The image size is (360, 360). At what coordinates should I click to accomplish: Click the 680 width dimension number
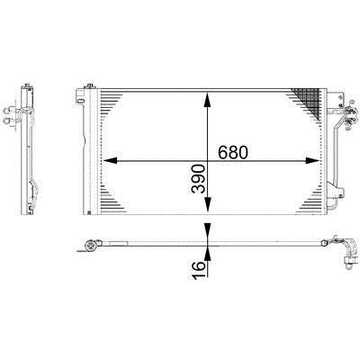(x=233, y=152)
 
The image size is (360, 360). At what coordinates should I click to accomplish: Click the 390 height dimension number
(x=199, y=179)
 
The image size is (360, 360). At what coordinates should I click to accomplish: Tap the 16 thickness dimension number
(x=199, y=270)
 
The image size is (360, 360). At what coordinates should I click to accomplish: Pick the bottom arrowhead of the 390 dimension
(x=207, y=204)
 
